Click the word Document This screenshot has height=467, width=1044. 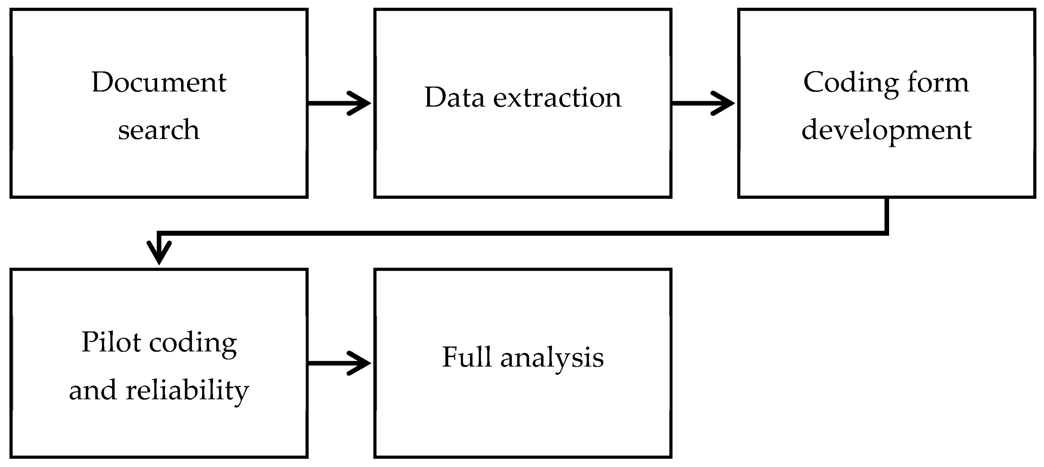[x=159, y=83]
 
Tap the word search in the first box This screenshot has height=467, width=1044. [x=159, y=130]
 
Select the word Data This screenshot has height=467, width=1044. [x=454, y=98]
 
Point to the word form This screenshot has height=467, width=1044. [x=937, y=83]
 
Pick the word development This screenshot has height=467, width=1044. [x=886, y=130]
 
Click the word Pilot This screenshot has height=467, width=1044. [x=111, y=342]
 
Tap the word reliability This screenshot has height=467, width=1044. [x=187, y=390]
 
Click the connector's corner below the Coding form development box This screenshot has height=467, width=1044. [x=886, y=233]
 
